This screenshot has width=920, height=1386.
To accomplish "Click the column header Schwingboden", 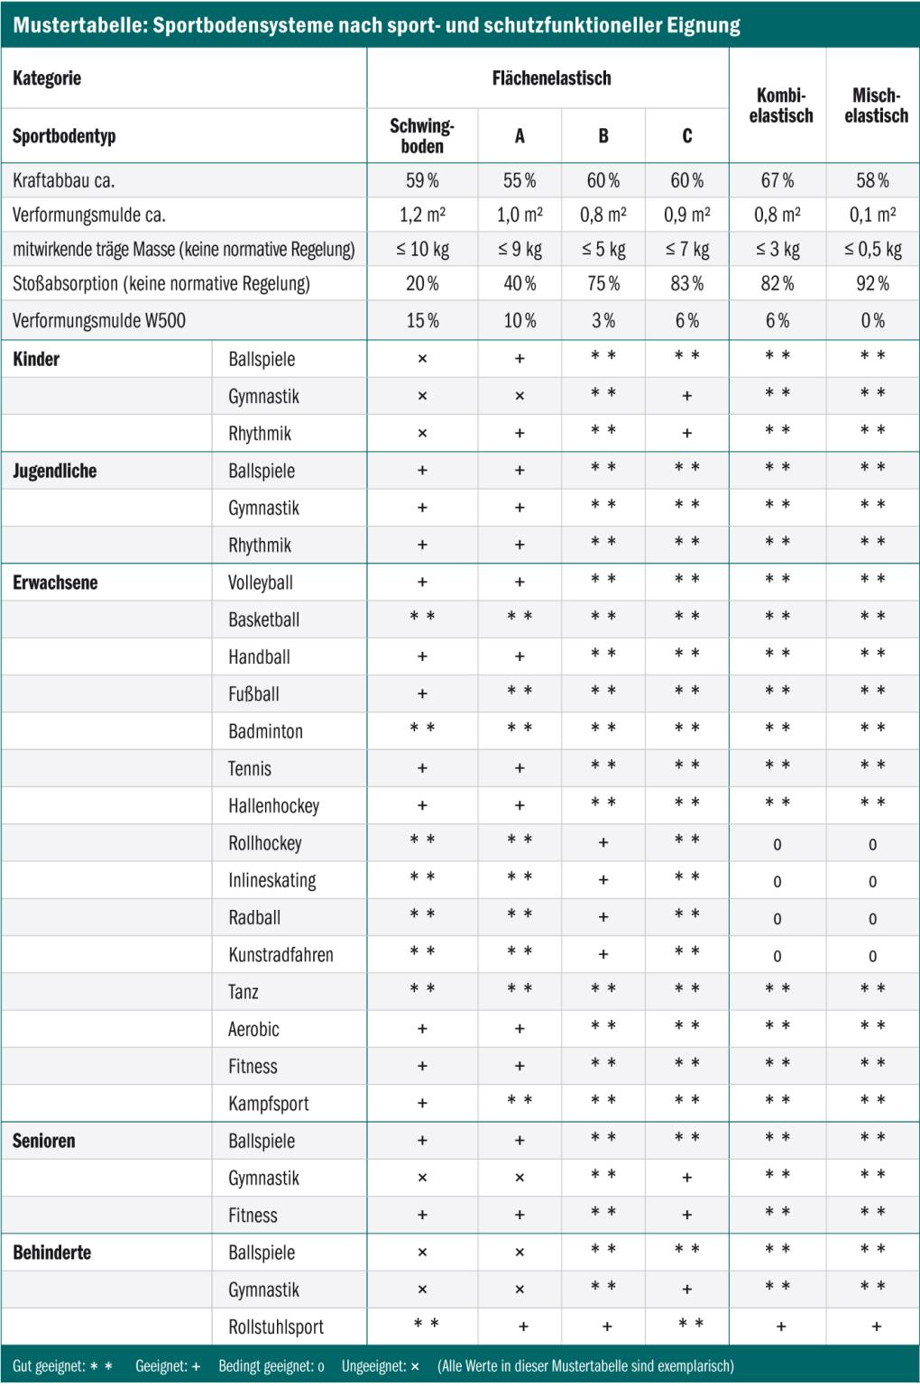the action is (422, 135).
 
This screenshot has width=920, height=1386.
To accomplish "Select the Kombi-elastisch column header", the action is (781, 106).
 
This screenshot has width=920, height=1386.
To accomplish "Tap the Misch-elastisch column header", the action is (876, 106).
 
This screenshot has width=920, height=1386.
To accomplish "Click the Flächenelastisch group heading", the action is (551, 78).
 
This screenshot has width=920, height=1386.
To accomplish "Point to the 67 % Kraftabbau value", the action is (777, 180).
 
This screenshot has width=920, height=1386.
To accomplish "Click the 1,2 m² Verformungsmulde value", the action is (422, 215).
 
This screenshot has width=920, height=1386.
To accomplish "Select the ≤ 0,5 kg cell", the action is (872, 250).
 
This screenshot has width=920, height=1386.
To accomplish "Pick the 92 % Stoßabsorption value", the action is (872, 283).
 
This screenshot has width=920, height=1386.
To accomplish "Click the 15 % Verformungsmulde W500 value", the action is (422, 320).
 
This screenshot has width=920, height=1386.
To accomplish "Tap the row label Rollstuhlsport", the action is (276, 1326).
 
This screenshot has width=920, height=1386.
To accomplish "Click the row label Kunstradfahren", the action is (281, 955).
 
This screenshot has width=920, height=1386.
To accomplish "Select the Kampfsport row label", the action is (269, 1103).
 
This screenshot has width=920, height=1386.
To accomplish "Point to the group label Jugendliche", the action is (54, 471).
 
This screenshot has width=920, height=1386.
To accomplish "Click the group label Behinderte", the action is (52, 1253).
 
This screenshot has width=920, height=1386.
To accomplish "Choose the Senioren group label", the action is (44, 1141).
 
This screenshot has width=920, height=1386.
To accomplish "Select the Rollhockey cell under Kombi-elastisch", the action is (777, 845).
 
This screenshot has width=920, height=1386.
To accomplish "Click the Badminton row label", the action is (265, 731).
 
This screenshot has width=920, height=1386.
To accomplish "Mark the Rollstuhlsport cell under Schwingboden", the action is (426, 1323).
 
